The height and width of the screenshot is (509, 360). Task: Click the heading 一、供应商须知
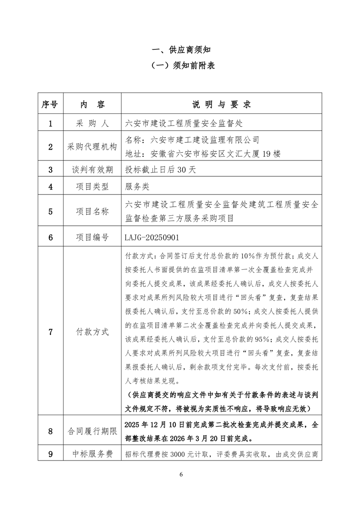click(180, 49)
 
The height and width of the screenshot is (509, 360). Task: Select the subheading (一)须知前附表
click(180, 65)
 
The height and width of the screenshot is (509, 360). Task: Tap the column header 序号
click(50, 104)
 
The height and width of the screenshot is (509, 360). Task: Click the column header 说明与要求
click(222, 104)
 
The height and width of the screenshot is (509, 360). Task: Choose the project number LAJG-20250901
click(154, 237)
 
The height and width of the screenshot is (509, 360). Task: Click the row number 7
click(50, 331)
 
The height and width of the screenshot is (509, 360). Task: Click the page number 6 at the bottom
click(180, 475)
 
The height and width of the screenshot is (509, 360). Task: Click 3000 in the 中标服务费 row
click(181, 454)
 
